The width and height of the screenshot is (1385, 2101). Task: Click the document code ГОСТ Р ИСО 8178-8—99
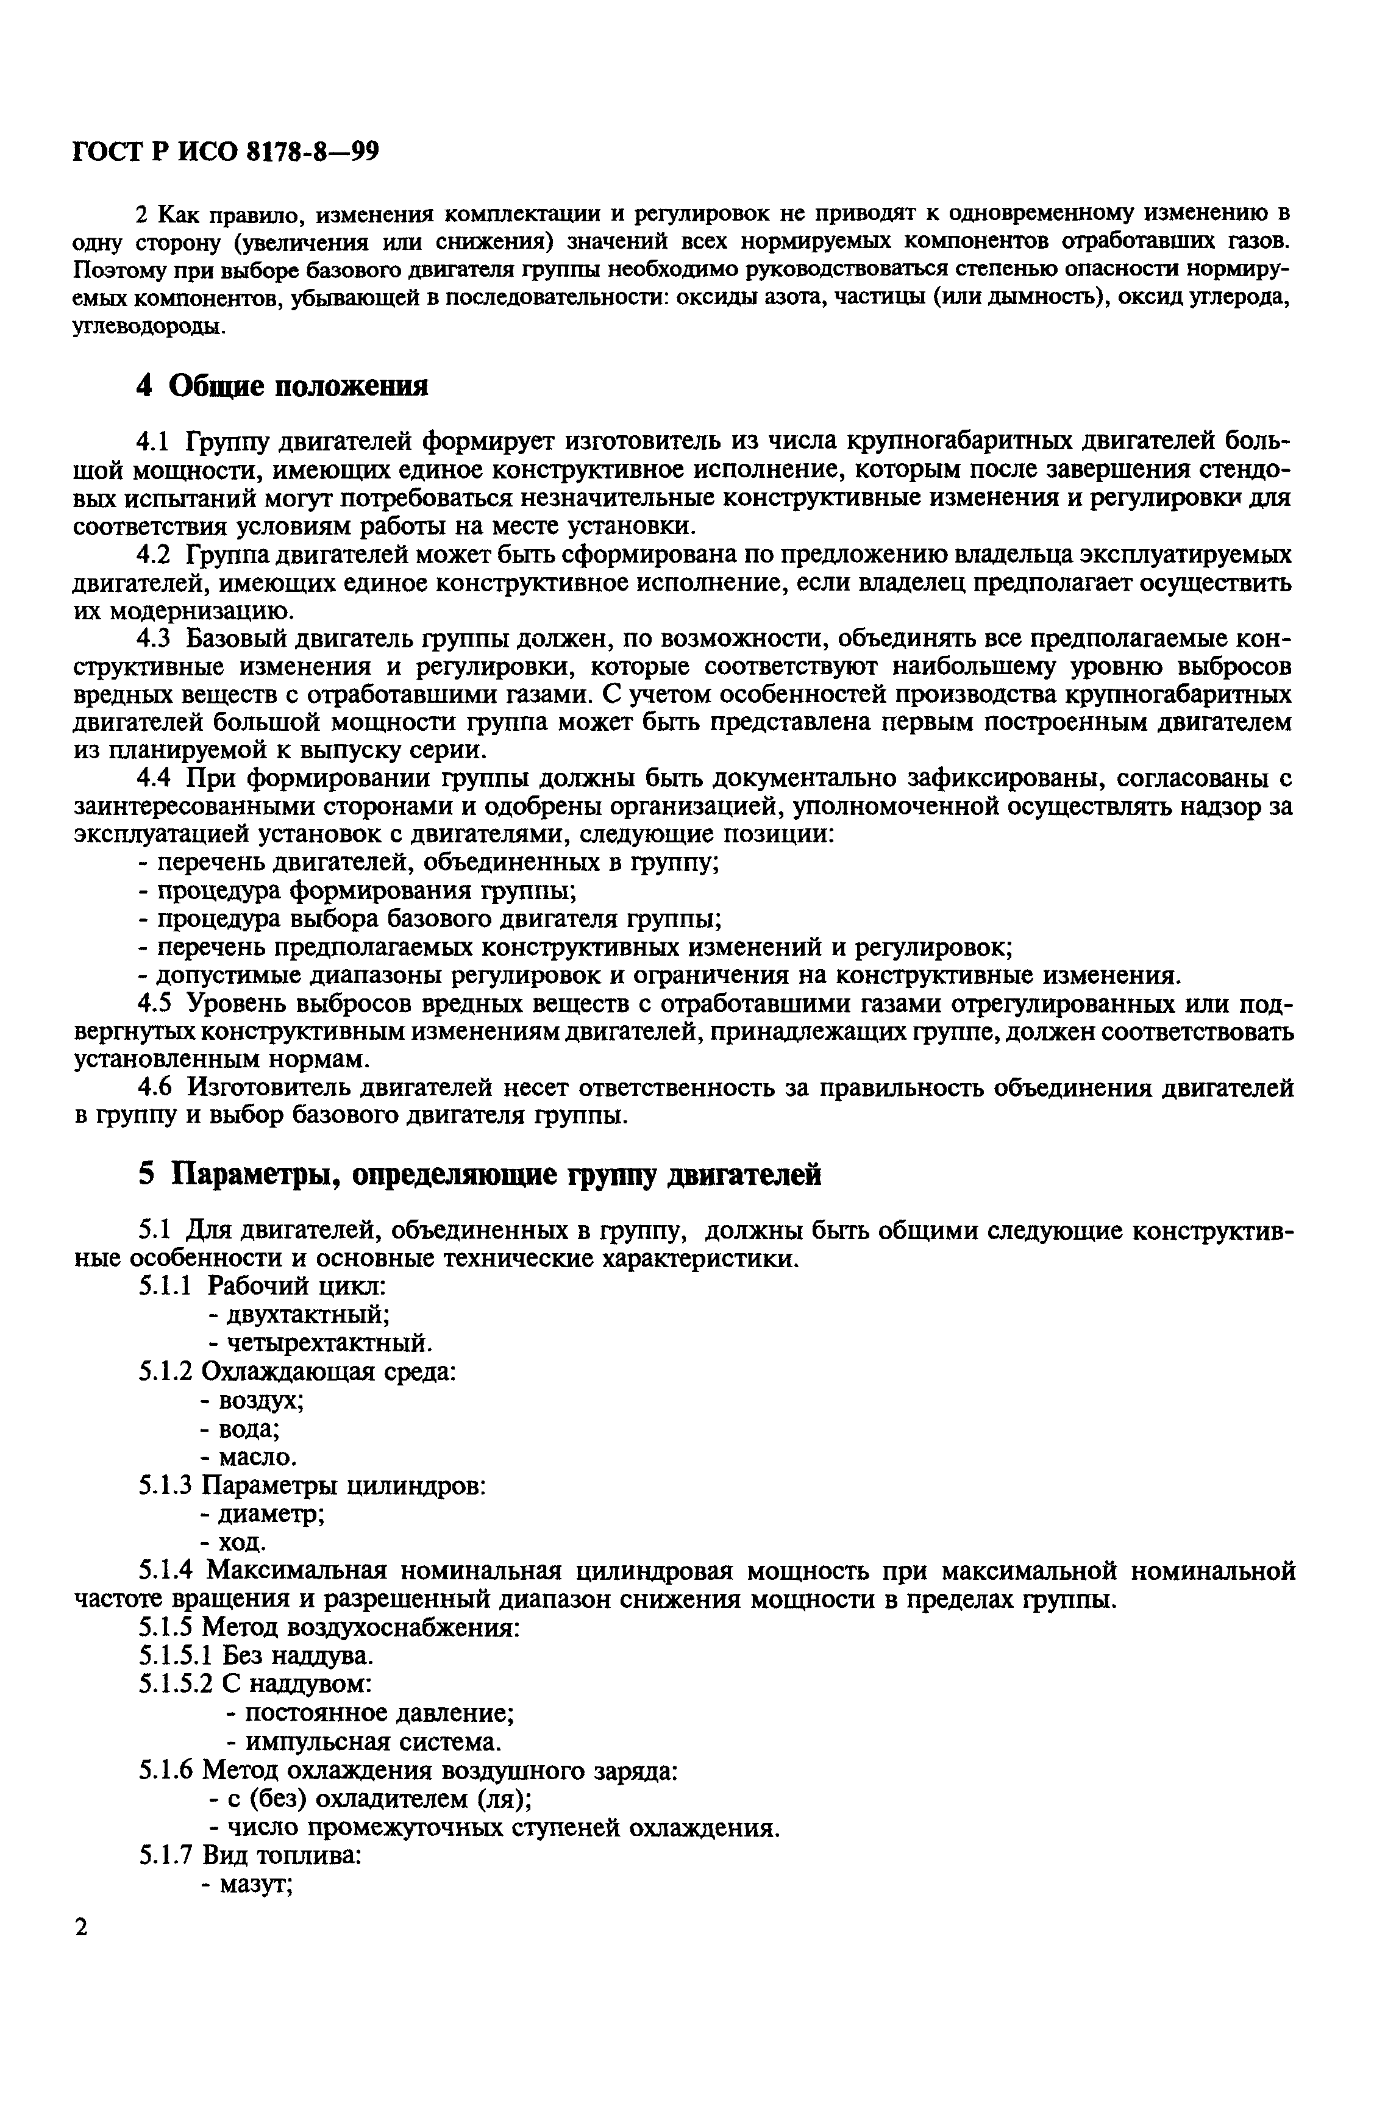coord(225,152)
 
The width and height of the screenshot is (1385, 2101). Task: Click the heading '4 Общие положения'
coord(283,386)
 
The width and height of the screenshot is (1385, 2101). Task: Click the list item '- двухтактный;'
coord(299,1314)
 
